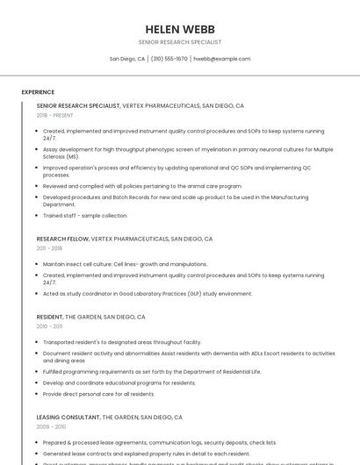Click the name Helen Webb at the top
tap(179, 29)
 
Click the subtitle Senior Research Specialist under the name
tap(179, 42)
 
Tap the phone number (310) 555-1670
tap(169, 59)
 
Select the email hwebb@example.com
tap(221, 59)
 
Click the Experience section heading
tap(38, 92)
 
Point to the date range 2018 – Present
tap(55, 115)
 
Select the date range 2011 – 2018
tap(49, 248)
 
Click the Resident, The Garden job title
tap(49, 317)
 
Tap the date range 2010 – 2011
tap(49, 326)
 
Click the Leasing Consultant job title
tap(68, 418)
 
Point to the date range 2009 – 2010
tap(51, 427)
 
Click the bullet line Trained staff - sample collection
tap(85, 215)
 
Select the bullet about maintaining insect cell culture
tap(125, 263)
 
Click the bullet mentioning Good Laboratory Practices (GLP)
tap(148, 293)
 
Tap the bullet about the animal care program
tap(142, 186)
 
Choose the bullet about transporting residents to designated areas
tap(122, 342)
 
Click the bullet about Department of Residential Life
tap(152, 371)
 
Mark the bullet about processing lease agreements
tap(159, 442)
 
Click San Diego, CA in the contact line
tap(127, 59)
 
